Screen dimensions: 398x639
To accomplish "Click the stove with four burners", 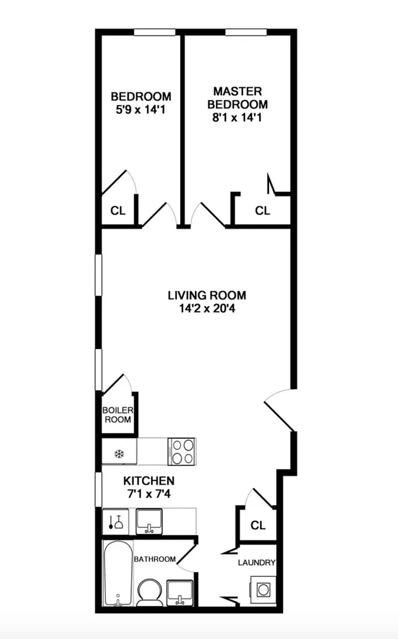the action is [x=182, y=451].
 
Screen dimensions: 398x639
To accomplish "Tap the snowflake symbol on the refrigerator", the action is [x=119, y=453].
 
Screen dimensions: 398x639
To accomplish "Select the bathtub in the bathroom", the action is [x=118, y=574].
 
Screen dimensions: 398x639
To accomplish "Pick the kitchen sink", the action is [x=149, y=521].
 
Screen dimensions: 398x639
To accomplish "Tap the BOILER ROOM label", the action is [x=118, y=415].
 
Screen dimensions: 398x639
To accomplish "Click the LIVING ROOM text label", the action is [x=207, y=295].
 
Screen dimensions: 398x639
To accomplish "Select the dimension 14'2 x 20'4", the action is [x=207, y=308].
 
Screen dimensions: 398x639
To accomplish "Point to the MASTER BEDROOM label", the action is [x=237, y=98].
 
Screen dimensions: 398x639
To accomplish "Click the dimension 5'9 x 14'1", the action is [x=141, y=110].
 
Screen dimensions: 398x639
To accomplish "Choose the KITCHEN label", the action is [x=149, y=481].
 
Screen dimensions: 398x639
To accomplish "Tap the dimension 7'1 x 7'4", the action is [x=149, y=494].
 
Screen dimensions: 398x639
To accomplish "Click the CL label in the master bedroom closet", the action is [x=262, y=211].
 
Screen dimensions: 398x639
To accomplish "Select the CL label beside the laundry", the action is [x=258, y=525].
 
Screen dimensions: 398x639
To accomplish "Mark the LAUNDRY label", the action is [x=257, y=563].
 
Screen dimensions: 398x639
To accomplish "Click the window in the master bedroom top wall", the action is [x=246, y=32].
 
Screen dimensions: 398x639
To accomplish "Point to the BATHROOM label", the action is [x=155, y=559].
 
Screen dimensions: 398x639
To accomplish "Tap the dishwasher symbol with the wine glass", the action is [x=115, y=522].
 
